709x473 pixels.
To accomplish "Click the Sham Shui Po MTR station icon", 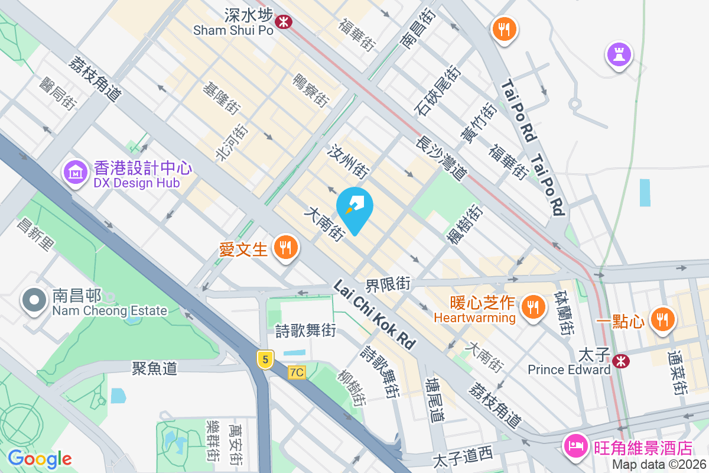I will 284,22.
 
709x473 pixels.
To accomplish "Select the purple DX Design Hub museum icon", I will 75,172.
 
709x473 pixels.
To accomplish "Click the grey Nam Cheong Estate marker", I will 35,300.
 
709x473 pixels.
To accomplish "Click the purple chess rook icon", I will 619,56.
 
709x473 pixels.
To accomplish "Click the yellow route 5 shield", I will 265,358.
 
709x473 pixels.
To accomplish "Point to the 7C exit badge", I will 297,372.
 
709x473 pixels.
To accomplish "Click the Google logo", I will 40,459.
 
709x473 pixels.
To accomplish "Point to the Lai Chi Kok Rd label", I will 375,314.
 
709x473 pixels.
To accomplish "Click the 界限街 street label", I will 388,284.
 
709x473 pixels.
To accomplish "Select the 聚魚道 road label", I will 154,368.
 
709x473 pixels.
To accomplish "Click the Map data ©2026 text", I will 659,464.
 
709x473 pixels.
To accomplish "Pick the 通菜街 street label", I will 678,373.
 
